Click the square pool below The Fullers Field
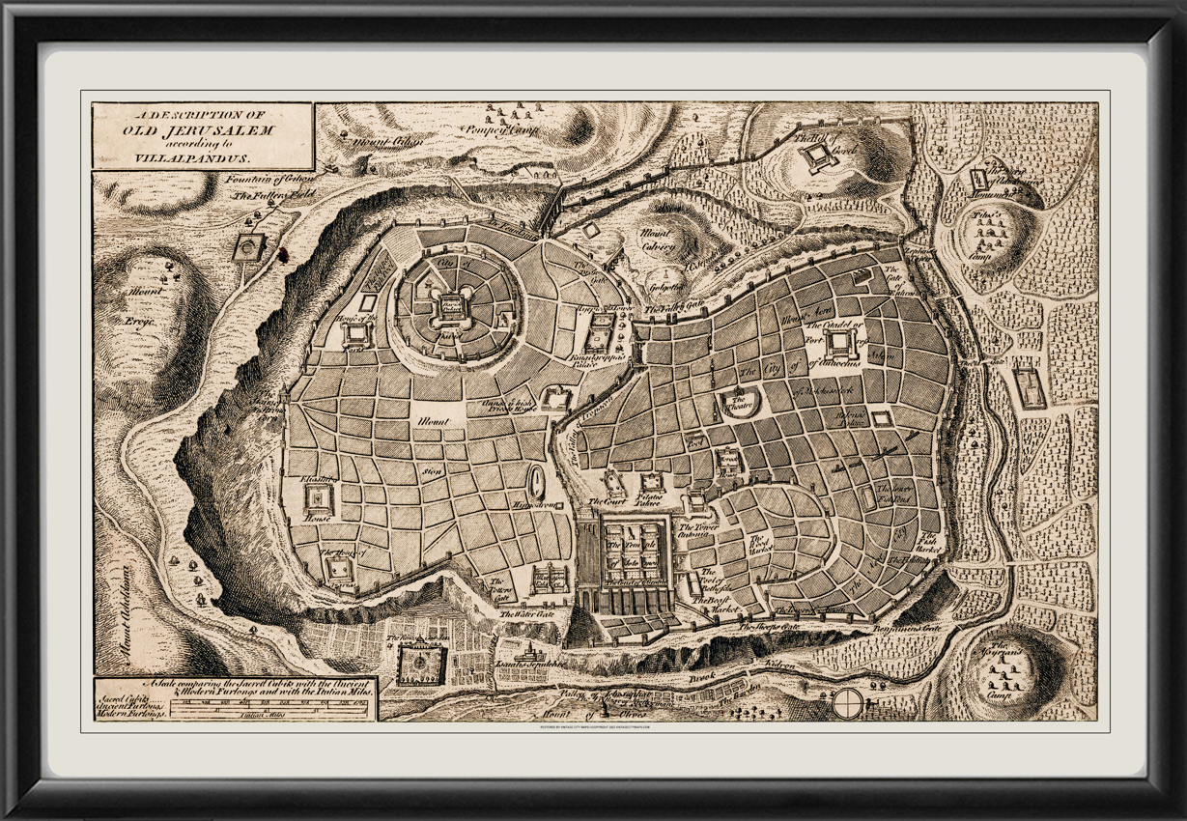pyautogui.click(x=249, y=247)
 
